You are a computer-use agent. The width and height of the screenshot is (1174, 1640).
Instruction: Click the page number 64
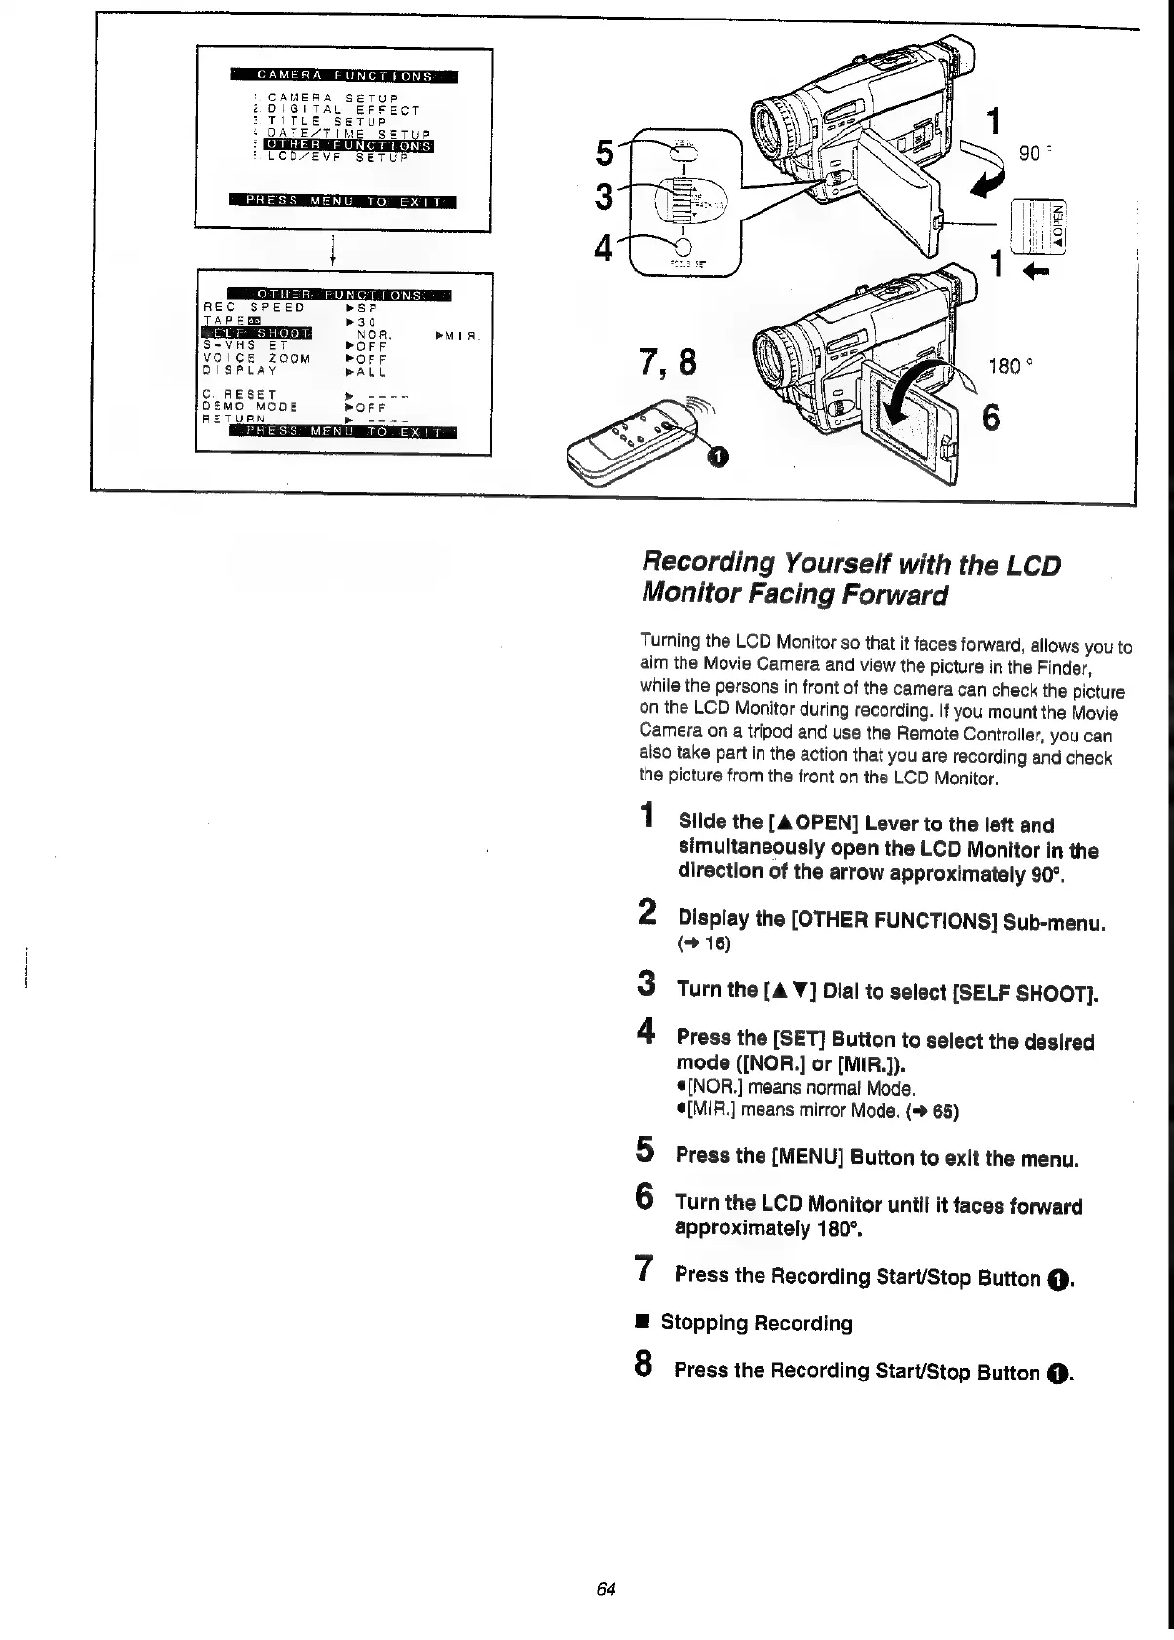[x=606, y=1589]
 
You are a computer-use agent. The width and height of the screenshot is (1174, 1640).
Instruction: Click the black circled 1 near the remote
[x=717, y=456]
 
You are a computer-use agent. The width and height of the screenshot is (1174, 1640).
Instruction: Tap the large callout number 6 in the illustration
[x=991, y=418]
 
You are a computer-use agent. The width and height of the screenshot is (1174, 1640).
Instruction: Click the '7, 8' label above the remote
[x=668, y=363]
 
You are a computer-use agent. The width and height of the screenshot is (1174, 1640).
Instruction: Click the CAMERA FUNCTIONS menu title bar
[x=344, y=76]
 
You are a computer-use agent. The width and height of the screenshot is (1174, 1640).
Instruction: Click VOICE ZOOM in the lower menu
[x=256, y=358]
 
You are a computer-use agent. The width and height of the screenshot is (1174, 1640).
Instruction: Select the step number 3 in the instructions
[x=646, y=983]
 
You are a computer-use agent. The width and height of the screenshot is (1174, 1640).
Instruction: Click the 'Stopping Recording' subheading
[x=757, y=1323]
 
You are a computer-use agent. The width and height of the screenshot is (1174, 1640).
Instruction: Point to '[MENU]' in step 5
[x=807, y=1158]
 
